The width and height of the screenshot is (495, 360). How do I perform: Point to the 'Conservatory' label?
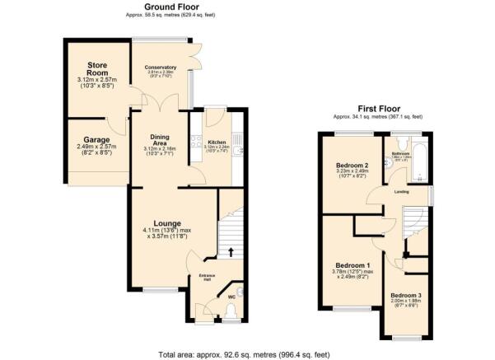(161, 68)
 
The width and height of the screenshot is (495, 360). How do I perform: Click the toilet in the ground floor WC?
(230, 311)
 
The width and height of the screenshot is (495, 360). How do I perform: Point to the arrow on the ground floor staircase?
(231, 251)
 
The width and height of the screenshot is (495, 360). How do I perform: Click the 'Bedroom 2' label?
(351, 166)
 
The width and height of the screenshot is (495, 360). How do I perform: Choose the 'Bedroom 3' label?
(405, 295)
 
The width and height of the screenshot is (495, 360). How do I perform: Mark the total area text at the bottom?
(247, 353)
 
